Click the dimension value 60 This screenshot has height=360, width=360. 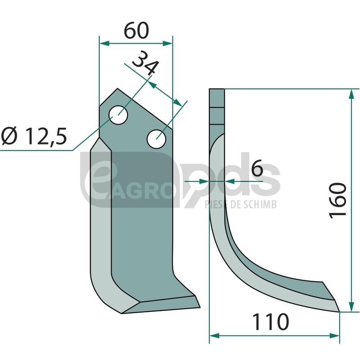pyautogui.click(x=136, y=30)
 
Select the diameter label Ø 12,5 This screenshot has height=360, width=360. pyautogui.click(x=34, y=136)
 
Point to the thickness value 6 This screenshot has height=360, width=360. pyautogui.click(x=257, y=168)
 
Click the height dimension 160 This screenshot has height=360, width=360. pyautogui.click(x=337, y=200)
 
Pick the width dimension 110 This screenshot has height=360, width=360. pyautogui.click(x=270, y=322)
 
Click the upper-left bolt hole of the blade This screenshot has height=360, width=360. pyautogui.click(x=118, y=115)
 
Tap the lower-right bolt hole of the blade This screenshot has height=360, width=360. pyautogui.click(x=157, y=139)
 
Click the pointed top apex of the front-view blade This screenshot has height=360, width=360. pyautogui.click(x=117, y=88)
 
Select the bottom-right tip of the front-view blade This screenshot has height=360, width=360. pyautogui.click(x=200, y=307)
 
